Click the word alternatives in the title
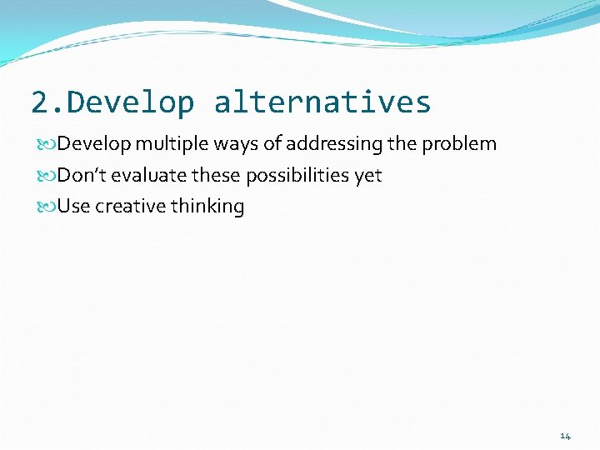[322, 102]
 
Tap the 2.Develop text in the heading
[112, 102]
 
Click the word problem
[459, 144]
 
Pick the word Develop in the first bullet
[94, 144]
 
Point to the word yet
[367, 176]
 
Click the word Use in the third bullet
[73, 207]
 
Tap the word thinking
[207, 207]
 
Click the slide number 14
[565, 436]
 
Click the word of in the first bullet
[272, 144]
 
